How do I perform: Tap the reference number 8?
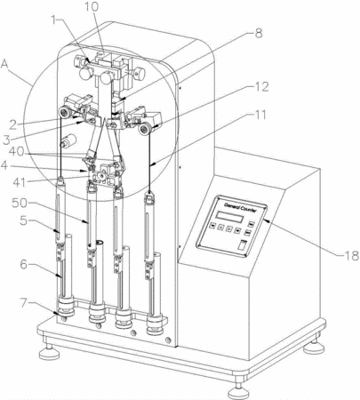coord(259,33)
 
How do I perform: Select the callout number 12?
coord(260,87)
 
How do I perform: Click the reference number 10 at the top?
coord(92,6)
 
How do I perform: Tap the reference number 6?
coord(24,264)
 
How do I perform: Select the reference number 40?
coord(17,151)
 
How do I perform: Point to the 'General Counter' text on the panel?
coord(240,206)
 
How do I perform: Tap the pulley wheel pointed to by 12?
coord(145,129)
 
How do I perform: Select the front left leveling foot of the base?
coord(49,352)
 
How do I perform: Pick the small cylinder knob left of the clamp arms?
coord(68,140)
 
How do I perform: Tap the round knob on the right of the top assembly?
coord(140,73)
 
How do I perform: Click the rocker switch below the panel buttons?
coord(243,245)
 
